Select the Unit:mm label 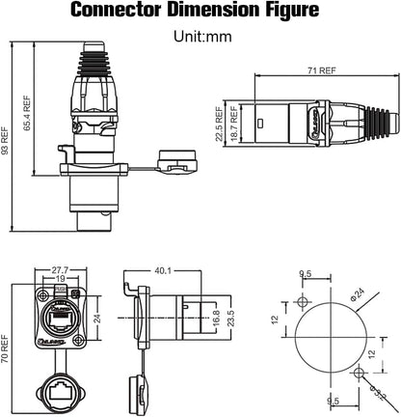click(x=200, y=39)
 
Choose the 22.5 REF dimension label click(x=220, y=124)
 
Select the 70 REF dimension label click(x=8, y=342)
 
